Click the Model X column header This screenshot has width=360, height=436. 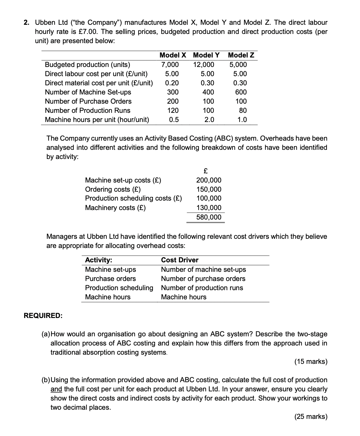pyautogui.click(x=173, y=55)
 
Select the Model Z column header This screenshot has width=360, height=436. pyautogui.click(x=241, y=55)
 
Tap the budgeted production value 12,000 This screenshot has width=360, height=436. pyautogui.click(x=204, y=65)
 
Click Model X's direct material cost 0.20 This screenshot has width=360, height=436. pyautogui.click(x=172, y=83)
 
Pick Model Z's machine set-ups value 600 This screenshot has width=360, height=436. pyautogui.click(x=241, y=92)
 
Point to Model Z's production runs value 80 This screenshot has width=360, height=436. pyautogui.click(x=243, y=110)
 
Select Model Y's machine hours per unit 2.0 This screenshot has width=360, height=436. pyautogui.click(x=209, y=120)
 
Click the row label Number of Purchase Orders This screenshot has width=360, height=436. pyautogui.click(x=88, y=101)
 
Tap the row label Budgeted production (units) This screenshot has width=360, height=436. pyautogui.click(x=87, y=65)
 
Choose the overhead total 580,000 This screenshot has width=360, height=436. pyautogui.click(x=209, y=217)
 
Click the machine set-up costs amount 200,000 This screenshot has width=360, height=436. pyautogui.click(x=209, y=180)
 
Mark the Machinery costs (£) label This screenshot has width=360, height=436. pyautogui.click(x=115, y=208)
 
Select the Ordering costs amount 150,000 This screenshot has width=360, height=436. pyautogui.click(x=209, y=189)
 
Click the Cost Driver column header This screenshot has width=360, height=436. pyautogui.click(x=180, y=260)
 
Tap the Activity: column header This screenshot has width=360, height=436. pyautogui.click(x=98, y=260)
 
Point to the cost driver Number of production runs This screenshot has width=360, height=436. pyautogui.click(x=202, y=288)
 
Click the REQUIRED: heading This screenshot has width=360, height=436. pyautogui.click(x=43, y=316)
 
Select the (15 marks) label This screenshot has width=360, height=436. pyautogui.click(x=311, y=361)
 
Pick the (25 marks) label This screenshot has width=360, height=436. pyautogui.click(x=311, y=416)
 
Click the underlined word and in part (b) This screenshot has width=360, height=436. pyautogui.click(x=56, y=389)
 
